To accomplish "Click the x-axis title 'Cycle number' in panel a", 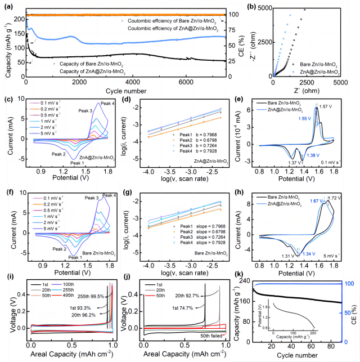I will pyautogui.click(x=128, y=90).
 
